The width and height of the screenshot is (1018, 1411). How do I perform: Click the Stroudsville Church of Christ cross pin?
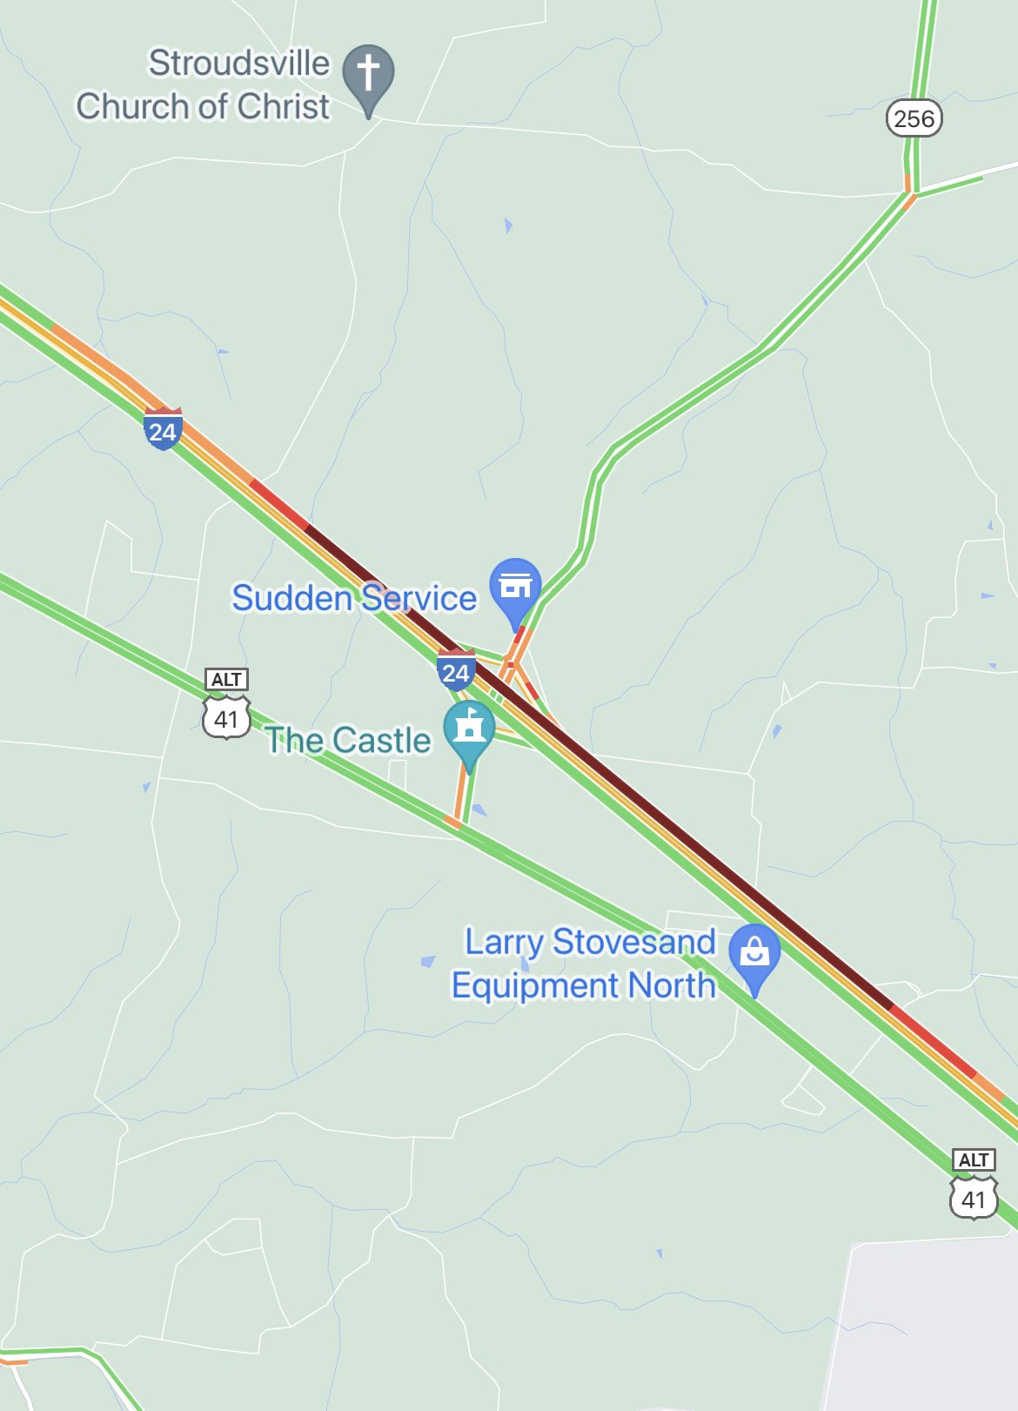click(x=368, y=72)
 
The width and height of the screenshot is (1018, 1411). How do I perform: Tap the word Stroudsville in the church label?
click(x=239, y=63)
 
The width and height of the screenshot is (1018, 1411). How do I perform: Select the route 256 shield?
click(x=914, y=118)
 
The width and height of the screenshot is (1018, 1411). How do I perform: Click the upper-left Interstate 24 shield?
click(x=163, y=429)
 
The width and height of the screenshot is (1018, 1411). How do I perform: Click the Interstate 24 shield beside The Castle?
click(x=456, y=670)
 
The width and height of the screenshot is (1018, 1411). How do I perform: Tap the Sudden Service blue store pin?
click(x=515, y=586)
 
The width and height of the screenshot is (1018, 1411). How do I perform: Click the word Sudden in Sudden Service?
click(x=291, y=598)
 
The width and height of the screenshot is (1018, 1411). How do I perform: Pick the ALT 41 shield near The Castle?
click(x=226, y=705)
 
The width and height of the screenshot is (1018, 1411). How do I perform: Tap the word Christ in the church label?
click(x=284, y=106)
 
